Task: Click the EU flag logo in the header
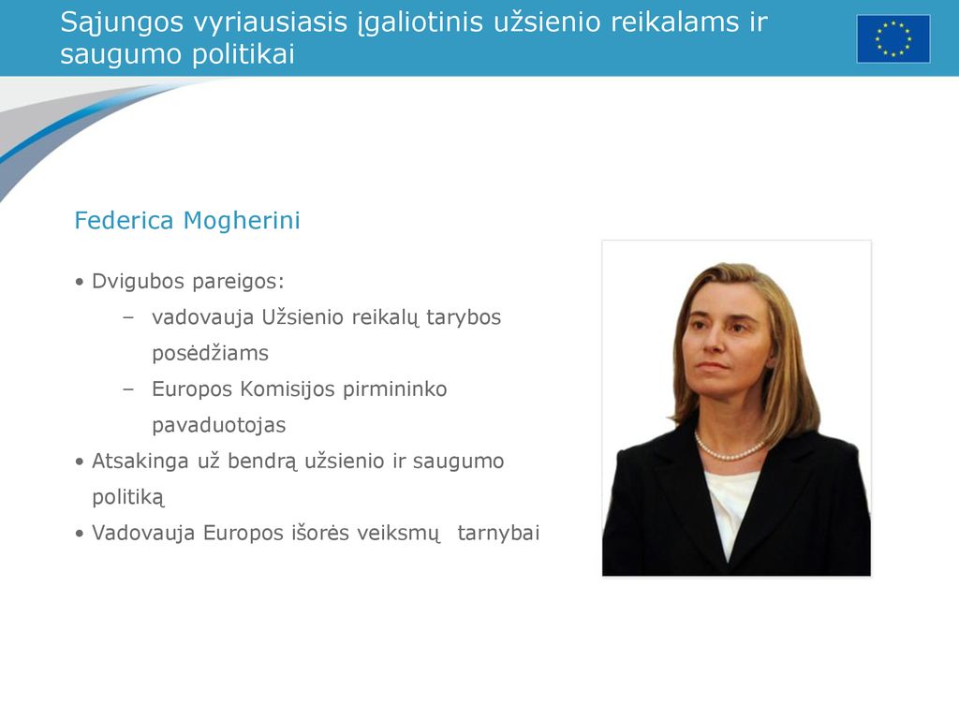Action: [x=893, y=39]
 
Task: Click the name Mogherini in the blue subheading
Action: [x=243, y=221]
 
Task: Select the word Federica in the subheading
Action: [x=124, y=221]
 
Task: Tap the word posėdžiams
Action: [x=211, y=353]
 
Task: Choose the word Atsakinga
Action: [x=140, y=462]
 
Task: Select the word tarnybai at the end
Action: [x=498, y=533]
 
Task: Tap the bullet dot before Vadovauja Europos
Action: [x=79, y=534]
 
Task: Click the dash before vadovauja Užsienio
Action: [x=128, y=317]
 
